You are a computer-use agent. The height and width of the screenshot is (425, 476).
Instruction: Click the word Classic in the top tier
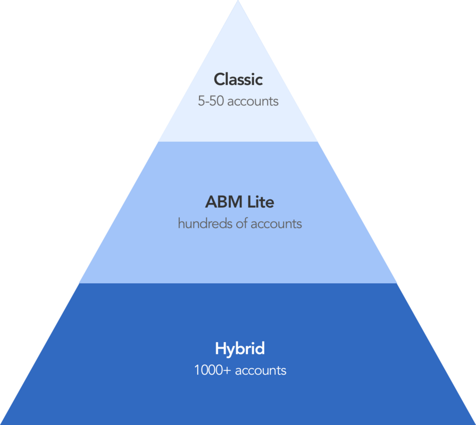tap(238, 80)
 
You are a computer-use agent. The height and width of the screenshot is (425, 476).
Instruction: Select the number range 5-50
tap(211, 101)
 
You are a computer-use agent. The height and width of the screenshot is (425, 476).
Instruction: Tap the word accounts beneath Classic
tap(253, 101)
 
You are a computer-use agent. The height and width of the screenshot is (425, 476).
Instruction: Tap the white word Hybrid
tap(240, 350)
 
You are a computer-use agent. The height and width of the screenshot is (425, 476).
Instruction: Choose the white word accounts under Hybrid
tap(261, 371)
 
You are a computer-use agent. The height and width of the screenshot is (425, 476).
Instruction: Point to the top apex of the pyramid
tap(238, 2)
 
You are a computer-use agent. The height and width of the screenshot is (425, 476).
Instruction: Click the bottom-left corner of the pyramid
tap(2, 423)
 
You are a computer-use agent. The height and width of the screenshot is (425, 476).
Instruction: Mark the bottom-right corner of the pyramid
tap(474, 423)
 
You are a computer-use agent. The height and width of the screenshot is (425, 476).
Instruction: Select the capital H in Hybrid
tap(220, 349)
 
